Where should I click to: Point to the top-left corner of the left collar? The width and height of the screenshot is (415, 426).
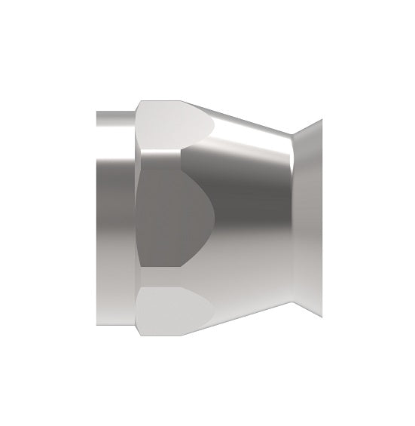[x=97, y=112]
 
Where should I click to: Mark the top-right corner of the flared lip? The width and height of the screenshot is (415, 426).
[x=322, y=118]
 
